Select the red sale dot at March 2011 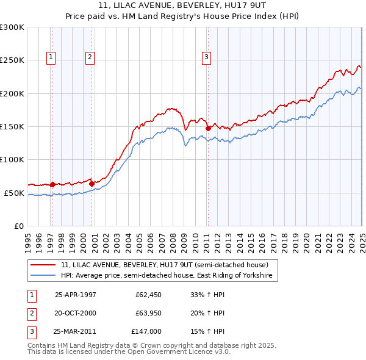[208, 128]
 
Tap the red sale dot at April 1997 [53, 184]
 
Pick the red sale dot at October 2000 [92, 183]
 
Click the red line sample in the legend [44, 265]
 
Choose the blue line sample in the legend [44, 276]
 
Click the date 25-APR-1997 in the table [76, 294]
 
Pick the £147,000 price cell [146, 332]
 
